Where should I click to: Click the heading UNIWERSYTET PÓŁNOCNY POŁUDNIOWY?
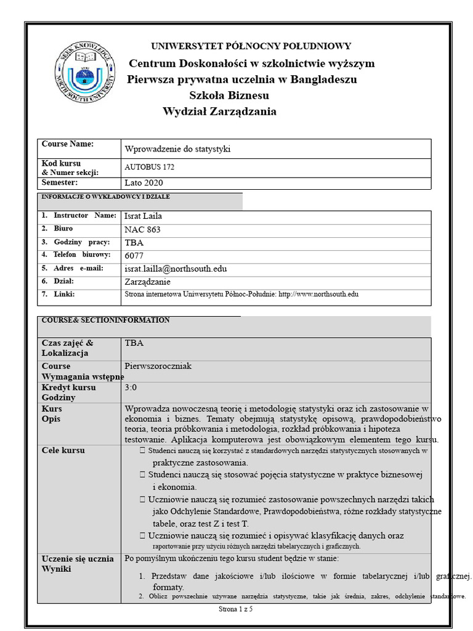[251, 46]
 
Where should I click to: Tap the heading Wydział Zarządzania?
[219, 112]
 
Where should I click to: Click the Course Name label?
[67, 144]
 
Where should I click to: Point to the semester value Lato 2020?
[144, 183]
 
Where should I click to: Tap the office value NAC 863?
[142, 229]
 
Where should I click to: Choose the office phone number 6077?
[134, 256]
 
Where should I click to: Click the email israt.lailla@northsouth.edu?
[176, 269]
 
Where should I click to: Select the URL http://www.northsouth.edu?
[318, 295]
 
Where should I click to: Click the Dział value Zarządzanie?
[149, 282]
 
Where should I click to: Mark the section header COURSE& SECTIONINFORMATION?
[105, 320]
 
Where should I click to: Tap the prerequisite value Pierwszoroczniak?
[158, 366]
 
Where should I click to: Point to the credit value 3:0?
[131, 388]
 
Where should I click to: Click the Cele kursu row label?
[63, 450]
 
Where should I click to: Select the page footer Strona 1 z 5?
[236, 609]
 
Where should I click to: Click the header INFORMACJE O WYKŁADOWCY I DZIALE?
[105, 197]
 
